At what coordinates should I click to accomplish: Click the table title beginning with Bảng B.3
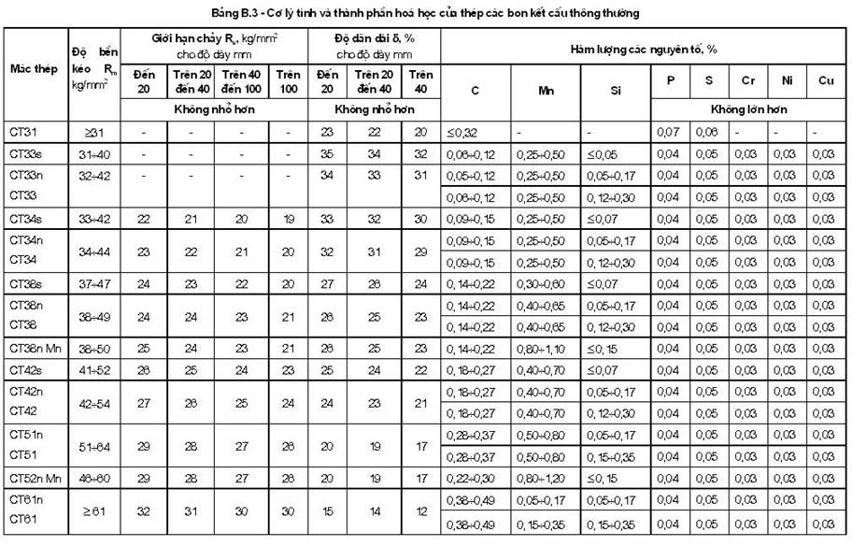pyautogui.click(x=426, y=13)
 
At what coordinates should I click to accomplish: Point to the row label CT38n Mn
pyautogui.click(x=34, y=347)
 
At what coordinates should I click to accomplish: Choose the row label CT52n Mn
pyautogui.click(x=34, y=476)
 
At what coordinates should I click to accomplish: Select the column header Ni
pyautogui.click(x=787, y=81)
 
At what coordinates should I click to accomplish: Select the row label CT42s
pyautogui.click(x=26, y=369)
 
